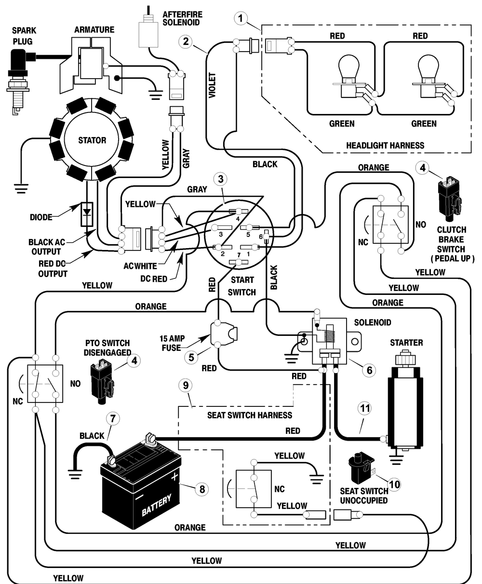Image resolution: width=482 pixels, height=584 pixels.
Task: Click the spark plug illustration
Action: point(19,81)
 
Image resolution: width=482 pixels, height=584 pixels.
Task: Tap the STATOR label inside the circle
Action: point(92,140)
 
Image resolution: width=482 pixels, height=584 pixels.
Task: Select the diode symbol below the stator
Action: point(87,214)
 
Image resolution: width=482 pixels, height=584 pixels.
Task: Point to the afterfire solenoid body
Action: point(148,31)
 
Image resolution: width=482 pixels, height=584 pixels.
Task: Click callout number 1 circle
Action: point(241,18)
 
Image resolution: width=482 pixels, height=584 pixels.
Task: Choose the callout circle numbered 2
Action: point(186,42)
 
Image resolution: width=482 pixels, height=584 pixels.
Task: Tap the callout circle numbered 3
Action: point(221,179)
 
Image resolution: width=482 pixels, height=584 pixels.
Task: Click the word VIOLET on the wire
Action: point(213,85)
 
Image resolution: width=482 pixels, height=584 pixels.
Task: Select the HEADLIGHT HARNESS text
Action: point(385,145)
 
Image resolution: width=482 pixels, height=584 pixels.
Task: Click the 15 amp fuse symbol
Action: point(224,334)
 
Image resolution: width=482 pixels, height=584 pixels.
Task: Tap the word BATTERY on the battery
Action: point(157,504)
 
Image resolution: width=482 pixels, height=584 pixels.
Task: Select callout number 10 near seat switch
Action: point(394,484)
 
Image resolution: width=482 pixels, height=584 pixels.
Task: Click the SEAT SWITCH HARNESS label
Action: point(250,415)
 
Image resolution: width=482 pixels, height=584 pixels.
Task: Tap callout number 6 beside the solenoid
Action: point(369,370)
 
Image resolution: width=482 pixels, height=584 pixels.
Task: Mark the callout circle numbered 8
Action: point(202,489)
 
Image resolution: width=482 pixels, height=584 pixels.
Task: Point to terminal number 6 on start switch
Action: point(261,237)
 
